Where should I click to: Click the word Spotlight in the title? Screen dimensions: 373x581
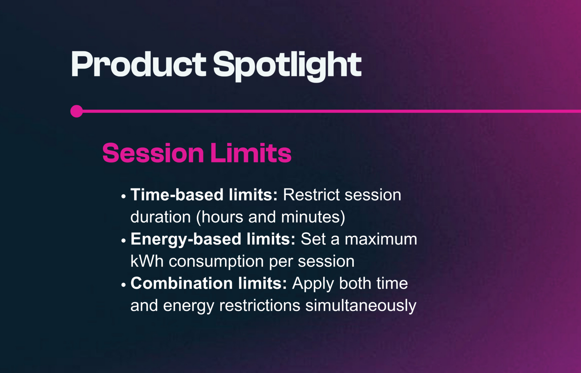click(x=287, y=65)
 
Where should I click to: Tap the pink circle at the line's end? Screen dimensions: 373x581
click(x=77, y=111)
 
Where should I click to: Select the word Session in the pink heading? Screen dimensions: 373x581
click(x=153, y=153)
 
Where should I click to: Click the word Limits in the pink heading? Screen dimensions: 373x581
click(x=251, y=153)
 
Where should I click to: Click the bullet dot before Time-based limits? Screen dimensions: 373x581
click(x=123, y=197)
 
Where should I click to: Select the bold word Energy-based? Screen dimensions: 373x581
click(x=186, y=239)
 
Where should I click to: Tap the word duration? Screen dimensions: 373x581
click(x=161, y=217)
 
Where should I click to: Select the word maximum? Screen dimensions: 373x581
click(x=381, y=239)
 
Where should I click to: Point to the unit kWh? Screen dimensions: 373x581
click(x=147, y=261)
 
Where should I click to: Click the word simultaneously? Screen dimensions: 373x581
click(x=361, y=306)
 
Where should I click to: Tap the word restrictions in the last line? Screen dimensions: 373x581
click(x=260, y=306)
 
